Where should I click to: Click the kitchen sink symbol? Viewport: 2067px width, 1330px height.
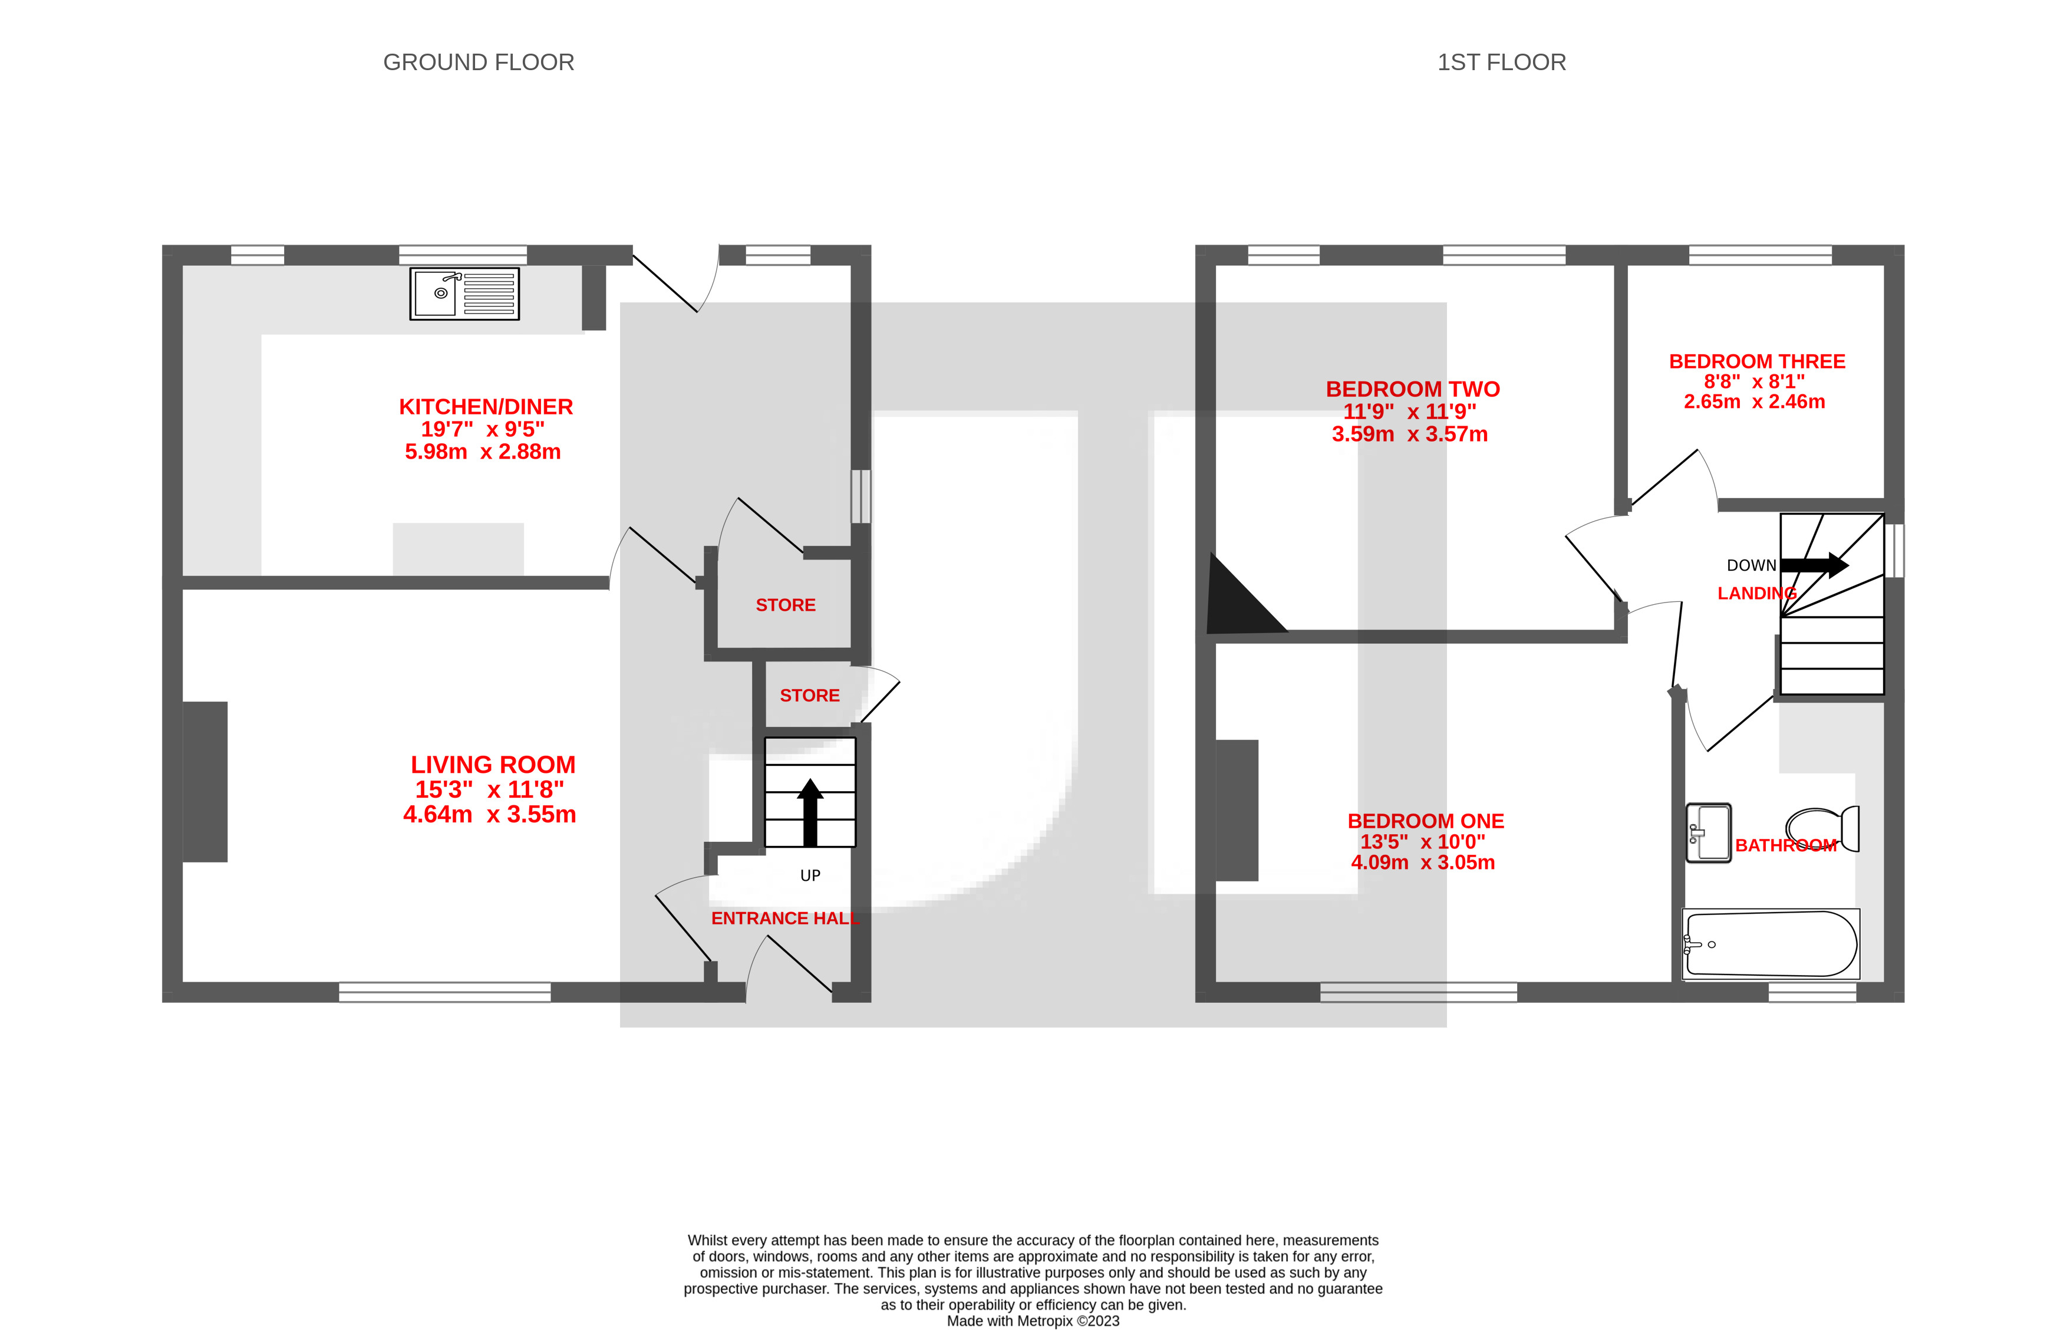tap(464, 294)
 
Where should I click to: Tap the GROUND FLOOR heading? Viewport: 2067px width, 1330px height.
tap(479, 62)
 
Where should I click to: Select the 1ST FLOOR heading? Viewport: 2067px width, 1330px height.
tap(1501, 62)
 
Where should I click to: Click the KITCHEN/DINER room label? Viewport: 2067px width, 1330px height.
tap(485, 407)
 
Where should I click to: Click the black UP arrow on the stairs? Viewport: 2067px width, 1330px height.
tap(810, 812)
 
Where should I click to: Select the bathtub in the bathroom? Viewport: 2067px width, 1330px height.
tap(1770, 944)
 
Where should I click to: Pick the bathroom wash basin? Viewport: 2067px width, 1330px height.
tap(1709, 832)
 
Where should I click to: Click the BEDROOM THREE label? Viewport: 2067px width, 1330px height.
tap(1756, 361)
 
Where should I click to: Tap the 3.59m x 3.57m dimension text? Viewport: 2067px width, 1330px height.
tap(1409, 434)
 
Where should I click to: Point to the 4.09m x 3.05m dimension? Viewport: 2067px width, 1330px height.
tap(1422, 862)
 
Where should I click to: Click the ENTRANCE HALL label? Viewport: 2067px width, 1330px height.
tap(784, 918)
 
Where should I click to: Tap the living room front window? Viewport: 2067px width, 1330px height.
tap(444, 992)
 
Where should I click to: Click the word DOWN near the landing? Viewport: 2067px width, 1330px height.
tap(1751, 566)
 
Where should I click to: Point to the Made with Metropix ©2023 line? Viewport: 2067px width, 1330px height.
tap(1033, 1321)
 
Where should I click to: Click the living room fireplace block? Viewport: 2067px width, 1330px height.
tap(206, 782)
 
